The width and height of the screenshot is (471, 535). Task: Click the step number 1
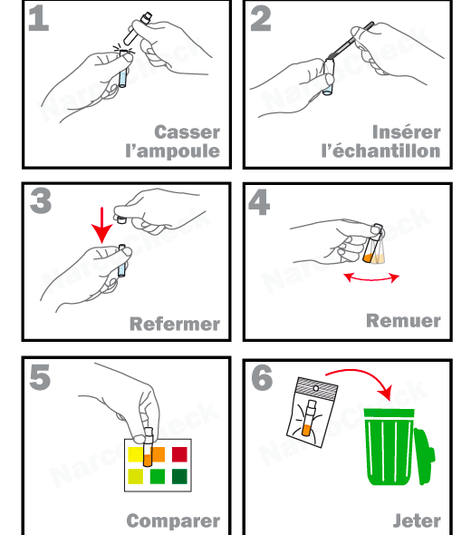(x=39, y=18)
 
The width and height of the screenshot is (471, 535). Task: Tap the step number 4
(x=259, y=202)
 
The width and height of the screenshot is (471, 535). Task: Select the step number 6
(x=262, y=377)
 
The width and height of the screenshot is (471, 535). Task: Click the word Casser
(x=187, y=132)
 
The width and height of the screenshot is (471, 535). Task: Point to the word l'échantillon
(x=380, y=151)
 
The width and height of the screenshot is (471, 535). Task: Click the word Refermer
(x=175, y=324)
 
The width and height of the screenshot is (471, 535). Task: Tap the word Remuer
(x=403, y=321)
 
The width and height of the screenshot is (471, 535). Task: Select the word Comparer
(x=173, y=521)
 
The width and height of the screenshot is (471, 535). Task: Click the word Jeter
(x=417, y=520)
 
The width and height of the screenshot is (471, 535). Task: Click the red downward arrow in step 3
(x=102, y=225)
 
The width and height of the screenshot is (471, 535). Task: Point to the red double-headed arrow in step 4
(x=371, y=278)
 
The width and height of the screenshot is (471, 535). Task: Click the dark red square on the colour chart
(x=179, y=454)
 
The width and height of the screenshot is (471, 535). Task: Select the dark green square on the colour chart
(x=179, y=476)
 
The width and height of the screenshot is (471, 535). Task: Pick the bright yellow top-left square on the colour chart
(x=135, y=454)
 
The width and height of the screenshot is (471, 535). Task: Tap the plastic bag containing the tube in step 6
(x=312, y=413)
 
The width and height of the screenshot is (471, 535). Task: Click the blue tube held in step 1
(x=122, y=69)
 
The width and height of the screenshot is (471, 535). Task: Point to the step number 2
(x=261, y=18)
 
